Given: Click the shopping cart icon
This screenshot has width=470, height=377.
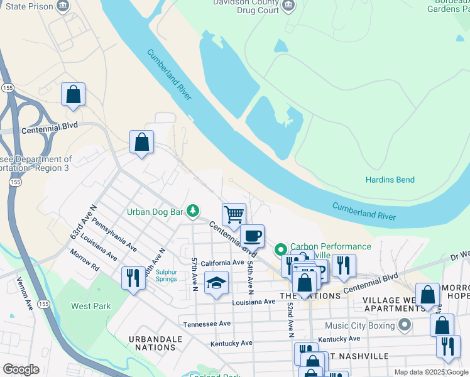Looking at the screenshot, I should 234,214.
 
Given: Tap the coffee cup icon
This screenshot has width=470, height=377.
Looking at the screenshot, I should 253,236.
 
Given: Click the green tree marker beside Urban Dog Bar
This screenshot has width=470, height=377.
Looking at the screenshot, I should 195,211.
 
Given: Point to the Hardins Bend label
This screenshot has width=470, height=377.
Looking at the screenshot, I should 390,180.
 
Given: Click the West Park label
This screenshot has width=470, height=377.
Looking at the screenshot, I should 90,306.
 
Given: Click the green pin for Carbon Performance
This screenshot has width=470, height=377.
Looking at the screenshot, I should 282,247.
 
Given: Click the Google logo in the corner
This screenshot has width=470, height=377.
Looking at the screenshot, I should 21,369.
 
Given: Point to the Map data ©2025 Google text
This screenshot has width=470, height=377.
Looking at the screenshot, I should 430,372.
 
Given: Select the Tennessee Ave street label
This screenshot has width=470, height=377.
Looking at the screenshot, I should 207,324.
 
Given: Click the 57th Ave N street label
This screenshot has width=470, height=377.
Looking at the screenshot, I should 195,274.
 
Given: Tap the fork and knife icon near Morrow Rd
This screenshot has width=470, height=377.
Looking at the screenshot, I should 133,278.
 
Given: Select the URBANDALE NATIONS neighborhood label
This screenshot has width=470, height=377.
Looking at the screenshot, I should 156,343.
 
